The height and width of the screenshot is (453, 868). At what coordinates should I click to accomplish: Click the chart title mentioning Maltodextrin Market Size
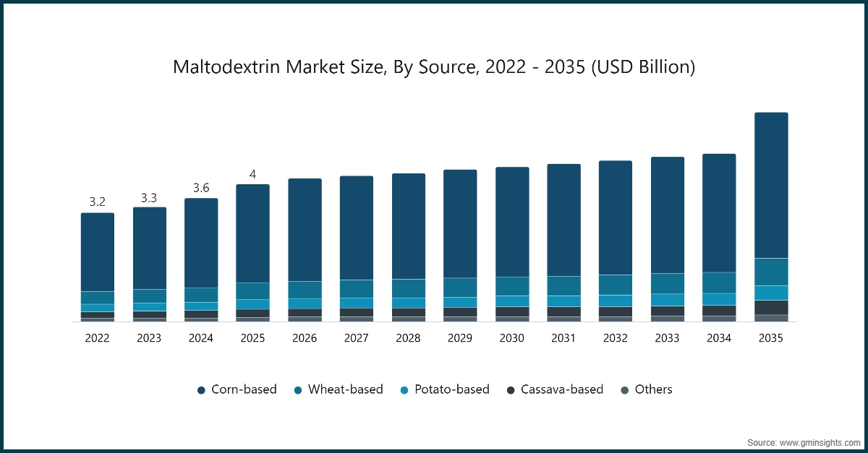434,67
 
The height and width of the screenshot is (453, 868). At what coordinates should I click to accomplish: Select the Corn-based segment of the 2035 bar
771,185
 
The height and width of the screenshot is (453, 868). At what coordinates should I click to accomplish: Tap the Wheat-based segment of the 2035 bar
771,272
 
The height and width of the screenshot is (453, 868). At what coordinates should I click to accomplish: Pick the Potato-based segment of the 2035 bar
771,293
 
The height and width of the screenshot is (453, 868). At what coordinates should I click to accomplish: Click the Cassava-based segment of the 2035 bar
771,307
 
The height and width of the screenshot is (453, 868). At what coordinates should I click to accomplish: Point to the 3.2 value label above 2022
98,202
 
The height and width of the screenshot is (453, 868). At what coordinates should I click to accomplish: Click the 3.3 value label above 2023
149,197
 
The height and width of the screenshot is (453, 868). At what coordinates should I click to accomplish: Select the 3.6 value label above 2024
201,188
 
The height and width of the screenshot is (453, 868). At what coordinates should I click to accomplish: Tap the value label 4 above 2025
252,174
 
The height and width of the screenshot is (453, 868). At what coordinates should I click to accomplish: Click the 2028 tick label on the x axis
408,337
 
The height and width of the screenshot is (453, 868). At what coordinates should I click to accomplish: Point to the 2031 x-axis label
563,337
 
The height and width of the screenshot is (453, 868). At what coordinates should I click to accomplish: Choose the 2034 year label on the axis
719,337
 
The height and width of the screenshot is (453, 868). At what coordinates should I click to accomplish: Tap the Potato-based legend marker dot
404,390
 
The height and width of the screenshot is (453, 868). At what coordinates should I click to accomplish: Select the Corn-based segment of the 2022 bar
98,252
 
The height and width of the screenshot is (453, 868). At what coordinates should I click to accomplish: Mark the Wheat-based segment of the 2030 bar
512,286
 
